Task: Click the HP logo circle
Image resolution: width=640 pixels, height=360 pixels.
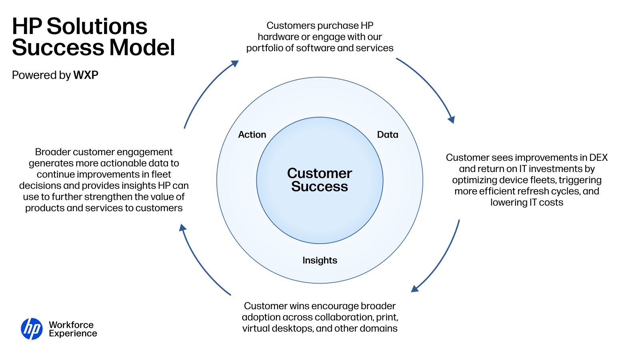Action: click(x=32, y=329)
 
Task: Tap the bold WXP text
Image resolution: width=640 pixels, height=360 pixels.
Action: click(x=86, y=75)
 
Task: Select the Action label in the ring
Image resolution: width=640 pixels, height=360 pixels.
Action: click(x=252, y=134)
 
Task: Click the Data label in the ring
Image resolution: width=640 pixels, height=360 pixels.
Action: click(x=388, y=134)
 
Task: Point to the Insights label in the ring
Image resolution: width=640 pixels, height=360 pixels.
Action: click(x=320, y=260)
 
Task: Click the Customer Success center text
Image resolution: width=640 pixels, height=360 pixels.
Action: click(x=320, y=180)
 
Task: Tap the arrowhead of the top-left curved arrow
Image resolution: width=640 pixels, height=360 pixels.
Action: click(x=235, y=64)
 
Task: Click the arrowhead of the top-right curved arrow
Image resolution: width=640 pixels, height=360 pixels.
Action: click(x=452, y=120)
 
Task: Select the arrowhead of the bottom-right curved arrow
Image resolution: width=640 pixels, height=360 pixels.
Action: click(x=414, y=289)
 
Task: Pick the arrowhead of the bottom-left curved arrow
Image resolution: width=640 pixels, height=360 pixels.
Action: click(x=182, y=228)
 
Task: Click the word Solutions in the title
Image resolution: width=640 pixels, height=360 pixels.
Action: click(x=97, y=26)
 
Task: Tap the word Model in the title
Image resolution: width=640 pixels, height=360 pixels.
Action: click(x=142, y=48)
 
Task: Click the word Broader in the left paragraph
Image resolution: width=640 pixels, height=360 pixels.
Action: click(x=52, y=152)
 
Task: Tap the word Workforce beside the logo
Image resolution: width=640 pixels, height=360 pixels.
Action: click(x=71, y=325)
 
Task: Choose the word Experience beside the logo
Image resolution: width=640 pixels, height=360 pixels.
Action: click(x=73, y=334)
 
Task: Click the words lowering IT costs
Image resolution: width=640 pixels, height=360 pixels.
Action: click(x=526, y=202)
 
